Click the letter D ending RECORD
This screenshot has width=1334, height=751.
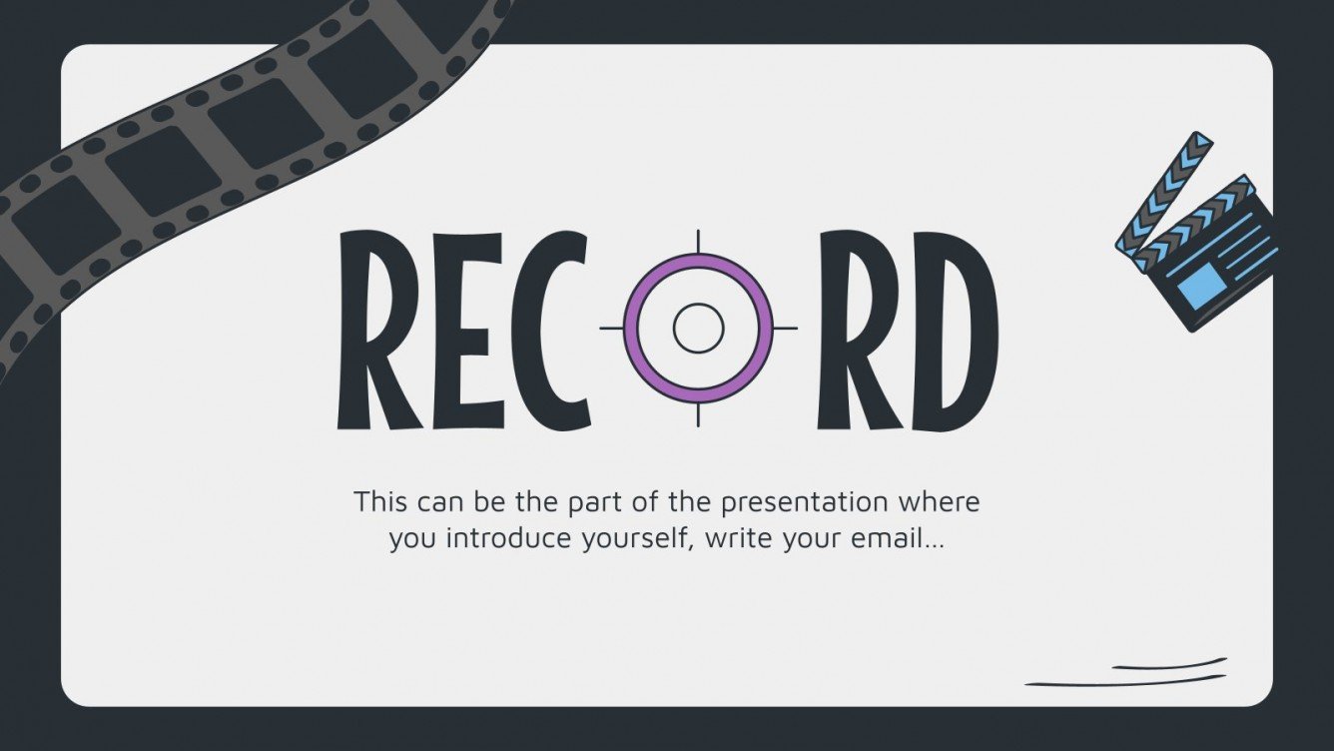(953, 330)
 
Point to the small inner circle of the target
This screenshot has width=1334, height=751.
(698, 328)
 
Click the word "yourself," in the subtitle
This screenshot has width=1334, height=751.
(624, 540)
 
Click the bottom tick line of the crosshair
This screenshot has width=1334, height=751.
(698, 413)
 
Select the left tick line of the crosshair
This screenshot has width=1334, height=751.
(611, 328)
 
